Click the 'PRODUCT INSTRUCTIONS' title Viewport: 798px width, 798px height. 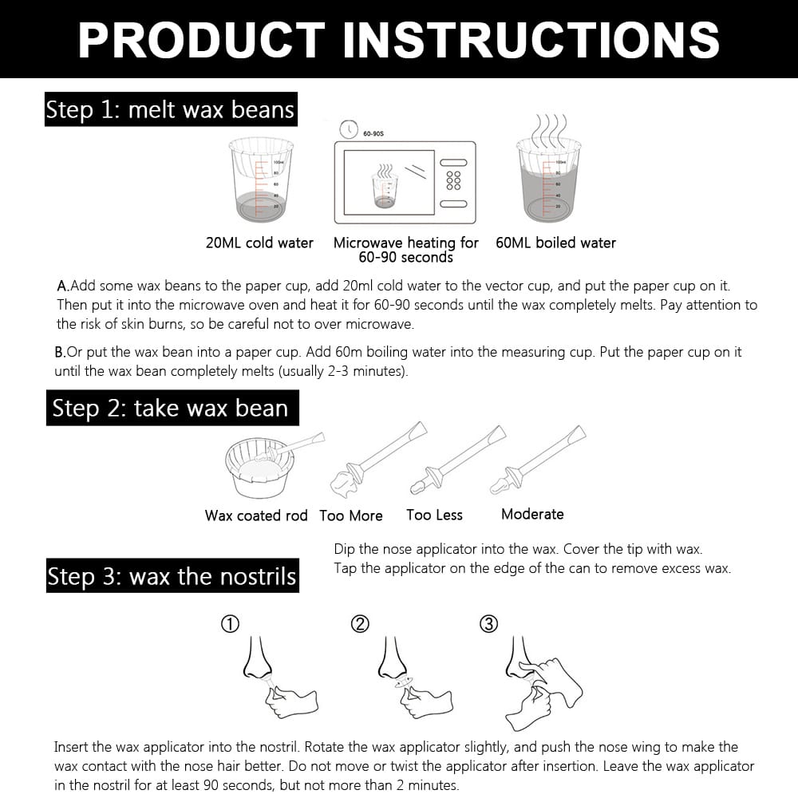pyautogui.click(x=398, y=40)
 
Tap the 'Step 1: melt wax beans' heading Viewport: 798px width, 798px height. pyautogui.click(x=171, y=109)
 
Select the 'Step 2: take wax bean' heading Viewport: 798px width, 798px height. pyautogui.click(x=172, y=408)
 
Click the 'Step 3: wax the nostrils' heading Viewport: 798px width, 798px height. pyautogui.click(x=172, y=575)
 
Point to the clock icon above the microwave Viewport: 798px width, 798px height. pyautogui.click(x=349, y=129)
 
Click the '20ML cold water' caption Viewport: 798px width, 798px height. pyautogui.click(x=259, y=243)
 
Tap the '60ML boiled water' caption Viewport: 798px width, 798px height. pyautogui.click(x=555, y=243)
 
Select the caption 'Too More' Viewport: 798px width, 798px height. pyautogui.click(x=351, y=516)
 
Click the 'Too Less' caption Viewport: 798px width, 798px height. pyautogui.click(x=434, y=515)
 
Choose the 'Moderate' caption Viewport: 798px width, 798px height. pyautogui.click(x=532, y=514)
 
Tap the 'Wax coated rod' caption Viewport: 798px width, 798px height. pyautogui.click(x=256, y=516)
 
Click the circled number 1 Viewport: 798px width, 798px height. pyautogui.click(x=230, y=624)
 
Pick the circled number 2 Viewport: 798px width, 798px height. pyautogui.click(x=360, y=624)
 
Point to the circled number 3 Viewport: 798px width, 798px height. pyautogui.click(x=489, y=624)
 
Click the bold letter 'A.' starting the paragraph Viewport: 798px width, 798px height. pyautogui.click(x=62, y=286)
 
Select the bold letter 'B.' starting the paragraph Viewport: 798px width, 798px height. pyautogui.click(x=60, y=352)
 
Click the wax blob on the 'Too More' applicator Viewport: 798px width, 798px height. pyautogui.click(x=344, y=484)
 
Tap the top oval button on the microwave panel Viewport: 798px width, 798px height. pyautogui.click(x=453, y=162)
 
